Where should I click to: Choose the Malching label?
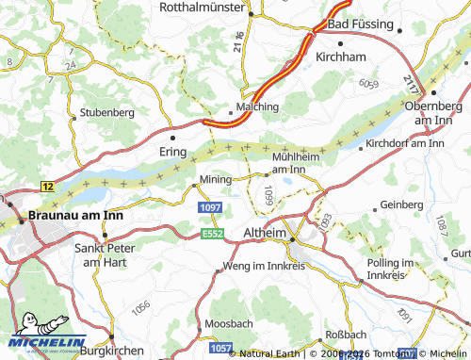point(257,106)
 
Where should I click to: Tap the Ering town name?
point(173,151)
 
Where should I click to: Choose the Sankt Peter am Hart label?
point(104,254)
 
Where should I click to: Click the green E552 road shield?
point(212,231)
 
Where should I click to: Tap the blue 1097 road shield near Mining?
point(208,206)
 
